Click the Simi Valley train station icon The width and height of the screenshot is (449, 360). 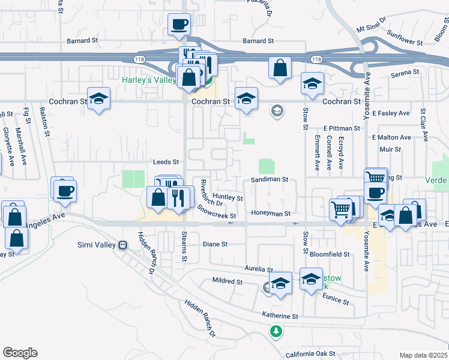tap(123, 245)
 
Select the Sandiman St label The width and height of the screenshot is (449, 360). tap(270, 179)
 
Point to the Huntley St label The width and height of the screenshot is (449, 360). tap(228, 197)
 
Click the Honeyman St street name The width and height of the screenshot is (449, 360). tap(271, 214)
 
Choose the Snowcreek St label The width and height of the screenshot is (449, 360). tap(217, 212)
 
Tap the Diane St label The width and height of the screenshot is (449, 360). tap(215, 244)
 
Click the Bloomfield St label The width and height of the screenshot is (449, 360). tap(330, 254)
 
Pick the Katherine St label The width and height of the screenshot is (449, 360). tap(280, 316)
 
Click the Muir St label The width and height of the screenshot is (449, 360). tap(390, 148)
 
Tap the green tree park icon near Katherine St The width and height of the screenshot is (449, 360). tap(276, 331)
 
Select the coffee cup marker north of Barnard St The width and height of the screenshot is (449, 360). tap(179, 25)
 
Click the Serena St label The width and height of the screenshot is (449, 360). tap(405, 73)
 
